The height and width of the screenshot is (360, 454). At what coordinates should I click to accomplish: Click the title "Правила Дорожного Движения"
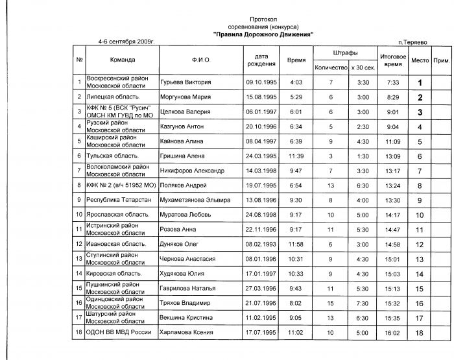263,34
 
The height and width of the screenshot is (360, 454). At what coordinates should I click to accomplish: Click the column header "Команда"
123,60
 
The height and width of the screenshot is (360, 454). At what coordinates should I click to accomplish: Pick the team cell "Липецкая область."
114,97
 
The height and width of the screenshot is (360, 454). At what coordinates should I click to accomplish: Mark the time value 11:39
296,156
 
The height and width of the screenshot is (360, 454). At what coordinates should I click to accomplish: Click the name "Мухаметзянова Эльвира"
195,200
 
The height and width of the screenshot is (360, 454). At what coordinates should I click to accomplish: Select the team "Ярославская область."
119,215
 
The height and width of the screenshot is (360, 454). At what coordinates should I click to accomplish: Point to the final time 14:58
393,245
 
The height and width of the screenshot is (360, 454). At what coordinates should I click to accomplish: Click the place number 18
420,333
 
